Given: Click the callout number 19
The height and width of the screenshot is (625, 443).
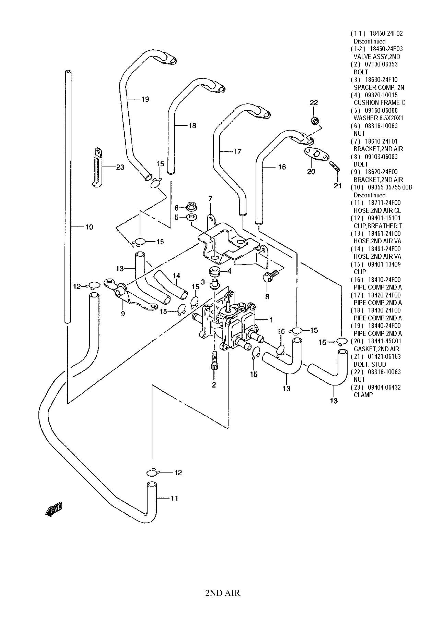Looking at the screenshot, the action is (x=145, y=99).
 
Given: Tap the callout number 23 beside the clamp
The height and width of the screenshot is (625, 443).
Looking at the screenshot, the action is (x=120, y=167).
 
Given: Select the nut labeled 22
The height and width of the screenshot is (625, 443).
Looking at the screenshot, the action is (x=314, y=121).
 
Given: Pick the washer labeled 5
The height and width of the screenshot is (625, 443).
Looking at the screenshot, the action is (x=191, y=217).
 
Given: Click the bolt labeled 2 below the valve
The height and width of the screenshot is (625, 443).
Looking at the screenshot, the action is (x=214, y=360).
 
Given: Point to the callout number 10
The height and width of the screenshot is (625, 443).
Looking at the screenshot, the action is (x=89, y=227).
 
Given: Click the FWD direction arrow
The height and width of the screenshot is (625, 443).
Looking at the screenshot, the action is (x=54, y=509).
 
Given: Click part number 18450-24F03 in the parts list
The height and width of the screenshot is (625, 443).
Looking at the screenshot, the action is (x=386, y=49).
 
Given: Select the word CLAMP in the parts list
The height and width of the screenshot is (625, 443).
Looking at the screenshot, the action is (x=363, y=395).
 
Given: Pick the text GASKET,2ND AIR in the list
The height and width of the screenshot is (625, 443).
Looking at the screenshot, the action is (x=376, y=349).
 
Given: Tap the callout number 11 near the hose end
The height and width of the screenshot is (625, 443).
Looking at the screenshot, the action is (x=174, y=498).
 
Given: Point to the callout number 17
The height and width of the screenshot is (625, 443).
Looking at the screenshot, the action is (x=237, y=151).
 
